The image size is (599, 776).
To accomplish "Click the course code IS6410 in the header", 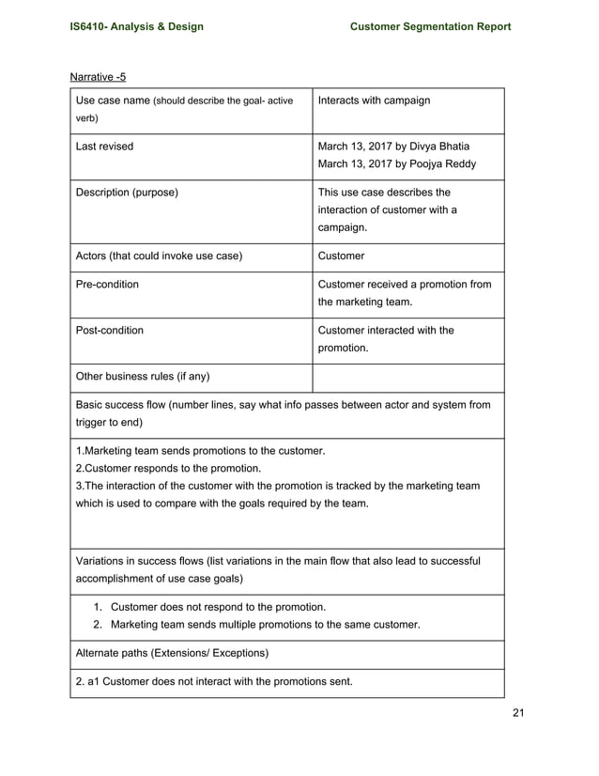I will (x=91, y=26).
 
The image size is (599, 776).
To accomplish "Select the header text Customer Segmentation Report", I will (x=430, y=26).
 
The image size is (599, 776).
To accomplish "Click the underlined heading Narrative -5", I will (x=98, y=76).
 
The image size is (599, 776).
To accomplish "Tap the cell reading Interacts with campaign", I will (x=374, y=101).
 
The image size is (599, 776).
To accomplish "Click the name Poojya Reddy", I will (x=442, y=164).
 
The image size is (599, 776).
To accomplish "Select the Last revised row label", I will (x=104, y=147).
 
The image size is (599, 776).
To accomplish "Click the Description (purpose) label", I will (x=127, y=193).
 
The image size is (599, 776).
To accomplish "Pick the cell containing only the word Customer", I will (x=342, y=256).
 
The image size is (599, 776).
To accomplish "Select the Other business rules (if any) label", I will (x=142, y=377).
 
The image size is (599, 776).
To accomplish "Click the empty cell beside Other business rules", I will (x=407, y=377).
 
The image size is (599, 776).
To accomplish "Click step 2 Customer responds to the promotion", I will (x=168, y=468).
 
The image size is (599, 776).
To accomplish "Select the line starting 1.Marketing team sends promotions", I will (x=200, y=450).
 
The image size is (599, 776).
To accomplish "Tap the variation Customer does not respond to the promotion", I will (x=218, y=607).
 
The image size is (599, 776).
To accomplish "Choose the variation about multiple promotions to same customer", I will (x=265, y=625).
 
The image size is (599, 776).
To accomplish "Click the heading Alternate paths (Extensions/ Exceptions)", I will (x=172, y=653).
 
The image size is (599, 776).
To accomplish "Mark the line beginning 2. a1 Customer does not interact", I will (x=213, y=681).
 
